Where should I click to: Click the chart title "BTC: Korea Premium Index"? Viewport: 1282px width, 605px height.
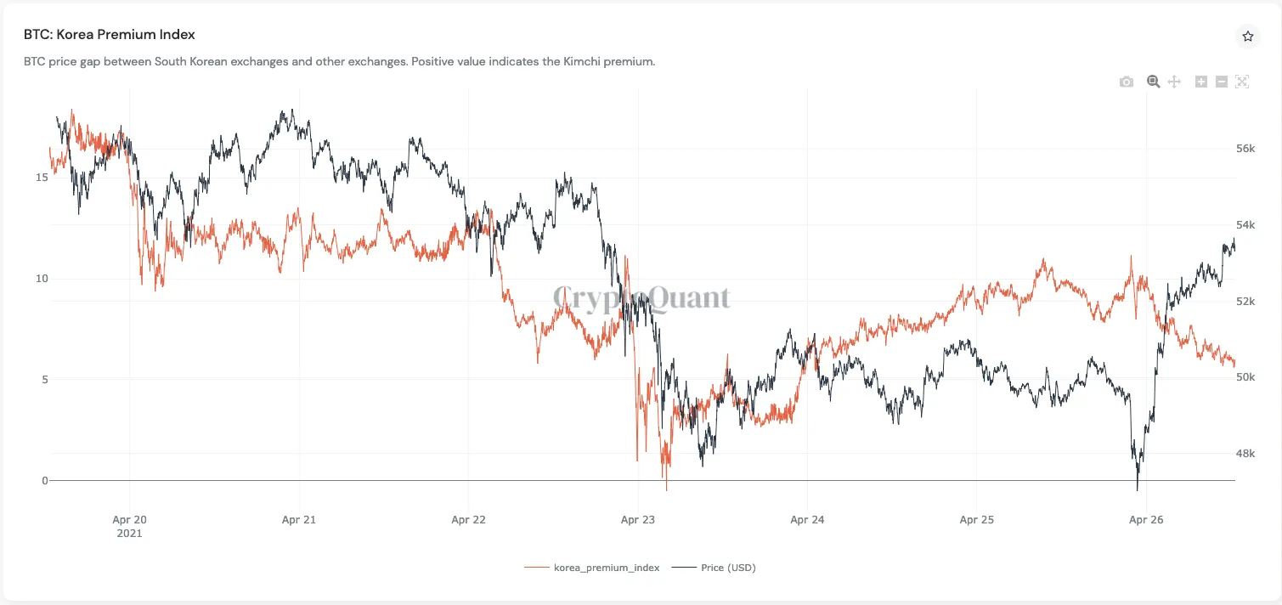click(110, 35)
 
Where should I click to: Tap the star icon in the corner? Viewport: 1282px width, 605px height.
click(1247, 36)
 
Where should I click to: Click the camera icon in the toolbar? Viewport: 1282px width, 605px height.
click(1127, 82)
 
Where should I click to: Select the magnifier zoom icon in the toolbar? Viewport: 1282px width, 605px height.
click(1153, 82)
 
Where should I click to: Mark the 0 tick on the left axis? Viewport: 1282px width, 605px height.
click(45, 481)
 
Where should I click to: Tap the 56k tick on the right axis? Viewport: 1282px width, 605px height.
click(1245, 149)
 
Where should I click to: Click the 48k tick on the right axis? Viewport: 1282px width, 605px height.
click(1245, 454)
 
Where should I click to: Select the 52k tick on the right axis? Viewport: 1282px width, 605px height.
click(1245, 302)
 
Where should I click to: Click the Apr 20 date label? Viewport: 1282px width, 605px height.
click(129, 520)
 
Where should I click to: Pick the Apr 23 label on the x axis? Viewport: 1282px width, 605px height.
click(638, 520)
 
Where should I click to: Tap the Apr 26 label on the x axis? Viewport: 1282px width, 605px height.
click(1146, 520)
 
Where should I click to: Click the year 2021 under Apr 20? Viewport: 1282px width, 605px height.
click(129, 534)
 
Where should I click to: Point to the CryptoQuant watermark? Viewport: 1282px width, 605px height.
click(641, 297)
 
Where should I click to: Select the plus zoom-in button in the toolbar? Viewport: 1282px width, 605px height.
click(1201, 82)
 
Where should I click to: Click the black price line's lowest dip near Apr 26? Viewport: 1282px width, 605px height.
click(1137, 489)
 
